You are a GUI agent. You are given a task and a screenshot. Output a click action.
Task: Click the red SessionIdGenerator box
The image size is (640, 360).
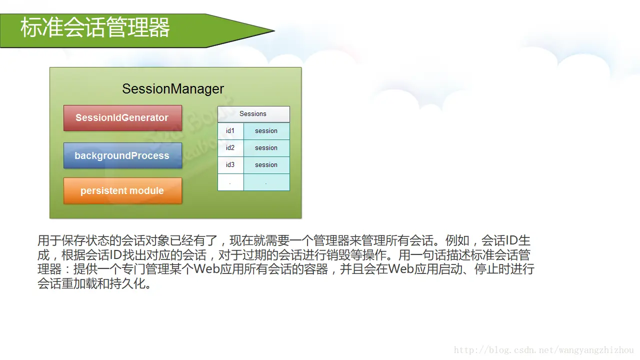(x=122, y=118)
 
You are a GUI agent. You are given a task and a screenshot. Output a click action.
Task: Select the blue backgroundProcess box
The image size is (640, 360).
(x=122, y=155)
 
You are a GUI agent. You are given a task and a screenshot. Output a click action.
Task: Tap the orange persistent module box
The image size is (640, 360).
(x=122, y=191)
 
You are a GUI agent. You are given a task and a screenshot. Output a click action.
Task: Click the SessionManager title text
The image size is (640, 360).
(x=173, y=89)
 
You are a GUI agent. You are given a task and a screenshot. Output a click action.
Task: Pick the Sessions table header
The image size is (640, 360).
(x=253, y=114)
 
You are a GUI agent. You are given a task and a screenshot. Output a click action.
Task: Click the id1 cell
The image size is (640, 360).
(x=230, y=131)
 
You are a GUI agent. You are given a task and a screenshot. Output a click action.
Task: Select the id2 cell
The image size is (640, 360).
(x=230, y=148)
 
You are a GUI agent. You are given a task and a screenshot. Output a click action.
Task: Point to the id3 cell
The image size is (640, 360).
(x=230, y=165)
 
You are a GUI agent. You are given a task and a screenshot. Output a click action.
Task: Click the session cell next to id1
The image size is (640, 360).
(x=266, y=131)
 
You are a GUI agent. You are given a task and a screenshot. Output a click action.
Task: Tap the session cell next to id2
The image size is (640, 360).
(x=266, y=148)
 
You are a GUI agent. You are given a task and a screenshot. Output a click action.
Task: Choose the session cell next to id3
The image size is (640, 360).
(x=266, y=165)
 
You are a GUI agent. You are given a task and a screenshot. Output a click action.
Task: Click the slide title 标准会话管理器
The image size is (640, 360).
(x=95, y=27)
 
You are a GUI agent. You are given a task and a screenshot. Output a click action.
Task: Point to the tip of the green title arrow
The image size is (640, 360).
(x=274, y=30)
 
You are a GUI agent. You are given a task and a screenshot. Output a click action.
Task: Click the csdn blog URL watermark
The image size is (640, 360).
(x=543, y=350)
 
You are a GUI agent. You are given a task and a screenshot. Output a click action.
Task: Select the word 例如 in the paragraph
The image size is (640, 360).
(x=457, y=240)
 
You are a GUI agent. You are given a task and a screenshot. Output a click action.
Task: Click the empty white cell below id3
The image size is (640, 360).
(x=230, y=182)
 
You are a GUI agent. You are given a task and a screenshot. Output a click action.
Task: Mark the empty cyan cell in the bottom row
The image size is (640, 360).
(x=266, y=182)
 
